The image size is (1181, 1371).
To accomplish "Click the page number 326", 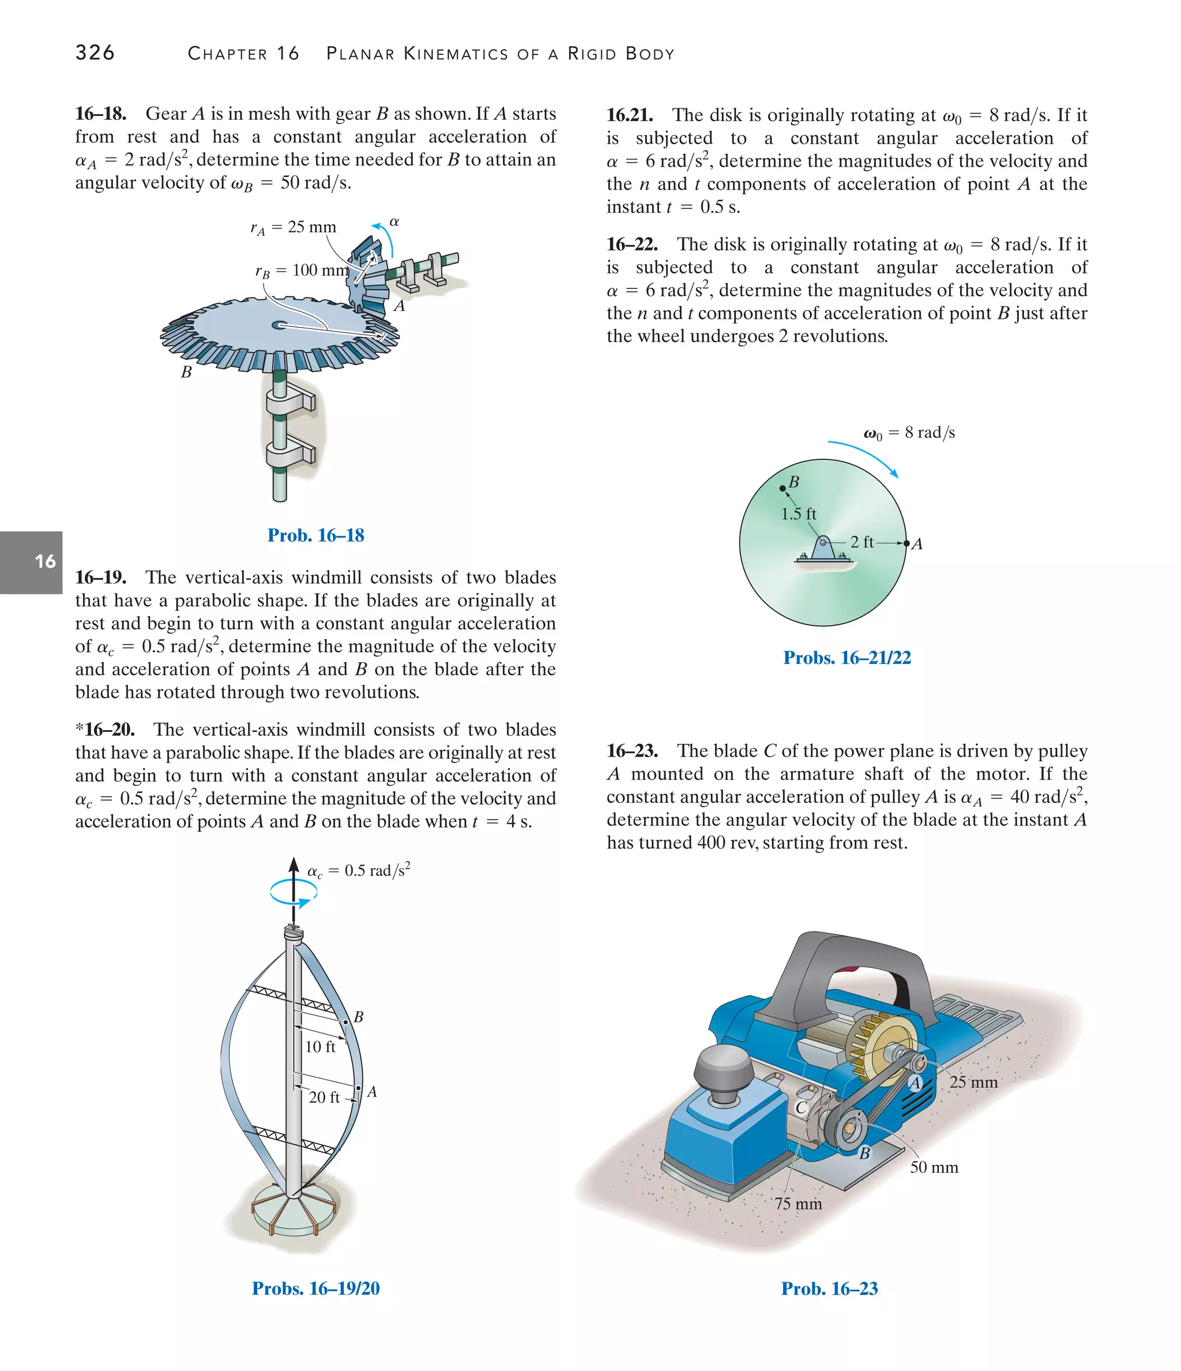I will tap(95, 52).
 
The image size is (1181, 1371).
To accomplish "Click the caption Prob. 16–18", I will tap(315, 535).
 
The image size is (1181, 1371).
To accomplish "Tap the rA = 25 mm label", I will tap(293, 228).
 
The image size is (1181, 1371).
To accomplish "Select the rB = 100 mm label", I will tap(302, 271).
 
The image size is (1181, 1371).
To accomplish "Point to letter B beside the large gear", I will tap(187, 373).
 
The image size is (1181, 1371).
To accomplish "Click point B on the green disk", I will tap(783, 489).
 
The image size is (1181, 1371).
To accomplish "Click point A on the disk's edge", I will tap(907, 543).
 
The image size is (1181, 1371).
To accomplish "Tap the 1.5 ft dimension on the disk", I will tap(799, 514).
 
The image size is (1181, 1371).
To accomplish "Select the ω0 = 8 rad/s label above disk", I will tap(909, 433).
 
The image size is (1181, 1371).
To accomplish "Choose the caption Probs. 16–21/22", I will tap(847, 658).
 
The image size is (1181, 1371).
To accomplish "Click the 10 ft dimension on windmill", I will tap(320, 1046).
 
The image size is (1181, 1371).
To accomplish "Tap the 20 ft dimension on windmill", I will tap(324, 1097).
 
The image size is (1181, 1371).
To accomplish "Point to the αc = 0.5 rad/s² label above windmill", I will tap(359, 870).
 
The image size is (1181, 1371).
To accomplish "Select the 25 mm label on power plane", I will tap(973, 1083).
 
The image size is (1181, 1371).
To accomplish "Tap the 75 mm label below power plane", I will tap(798, 1204).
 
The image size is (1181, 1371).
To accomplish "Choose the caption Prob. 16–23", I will tap(829, 1289).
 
